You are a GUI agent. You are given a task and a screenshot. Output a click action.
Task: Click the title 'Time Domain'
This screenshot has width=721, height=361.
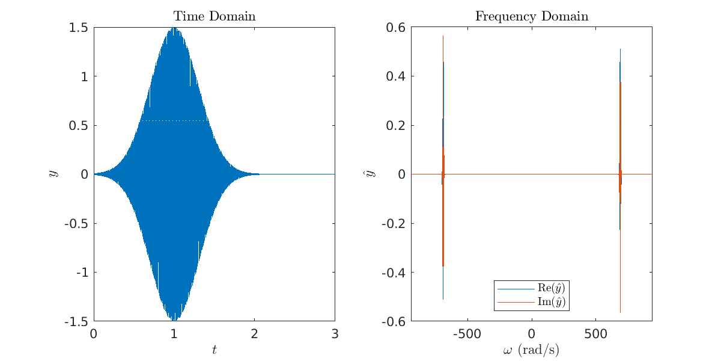click(x=214, y=16)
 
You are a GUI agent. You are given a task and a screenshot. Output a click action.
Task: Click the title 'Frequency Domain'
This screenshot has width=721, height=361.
click(x=532, y=16)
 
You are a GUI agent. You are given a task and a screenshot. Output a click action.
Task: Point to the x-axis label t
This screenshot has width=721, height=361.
click(x=214, y=350)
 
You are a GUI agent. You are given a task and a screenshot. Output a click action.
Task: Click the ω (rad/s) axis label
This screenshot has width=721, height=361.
click(x=531, y=350)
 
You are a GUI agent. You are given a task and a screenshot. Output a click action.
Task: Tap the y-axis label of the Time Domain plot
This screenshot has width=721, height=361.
click(x=53, y=174)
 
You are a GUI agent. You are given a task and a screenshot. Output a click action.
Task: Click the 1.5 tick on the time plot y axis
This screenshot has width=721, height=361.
click(x=79, y=28)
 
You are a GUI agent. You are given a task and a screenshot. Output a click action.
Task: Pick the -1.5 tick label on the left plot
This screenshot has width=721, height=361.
click(x=76, y=321)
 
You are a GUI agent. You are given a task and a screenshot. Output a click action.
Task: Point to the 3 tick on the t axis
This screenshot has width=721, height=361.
click(x=335, y=334)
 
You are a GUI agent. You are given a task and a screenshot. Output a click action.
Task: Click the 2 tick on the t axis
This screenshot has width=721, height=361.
click(x=254, y=334)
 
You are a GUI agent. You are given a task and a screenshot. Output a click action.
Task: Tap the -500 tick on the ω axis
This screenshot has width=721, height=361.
click(x=466, y=334)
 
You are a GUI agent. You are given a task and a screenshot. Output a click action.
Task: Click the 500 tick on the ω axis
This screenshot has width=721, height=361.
click(x=595, y=334)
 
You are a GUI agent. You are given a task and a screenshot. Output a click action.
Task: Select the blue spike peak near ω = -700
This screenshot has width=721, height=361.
click(x=443, y=37)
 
